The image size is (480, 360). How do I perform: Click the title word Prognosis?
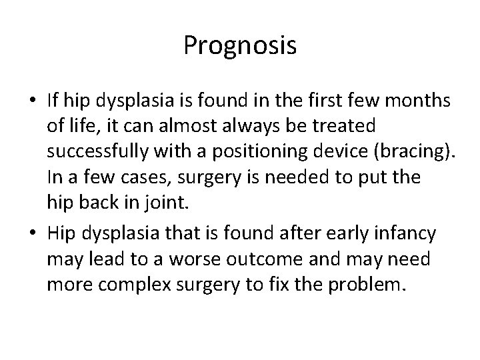(x=240, y=46)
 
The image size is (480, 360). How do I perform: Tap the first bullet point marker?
(x=33, y=102)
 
